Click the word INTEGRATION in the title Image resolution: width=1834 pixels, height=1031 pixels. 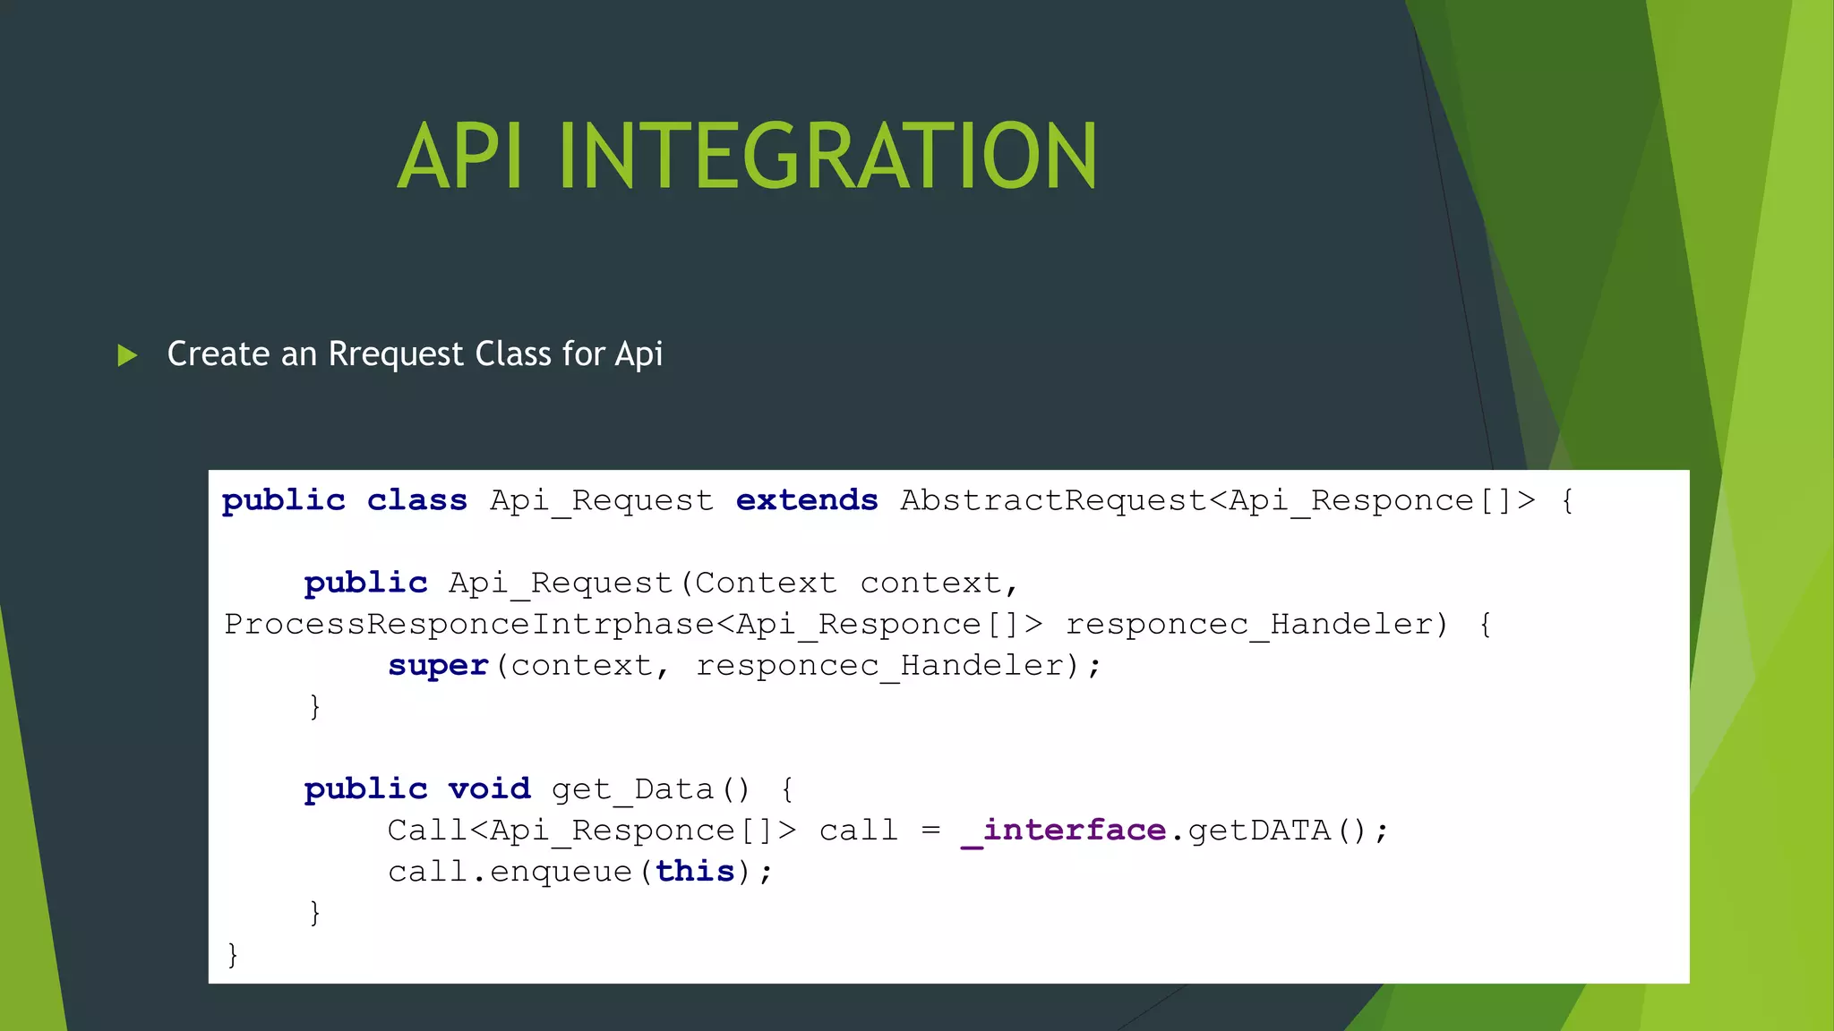point(827,157)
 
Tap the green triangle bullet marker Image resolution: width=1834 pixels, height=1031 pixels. point(127,355)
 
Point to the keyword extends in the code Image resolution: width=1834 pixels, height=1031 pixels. point(807,499)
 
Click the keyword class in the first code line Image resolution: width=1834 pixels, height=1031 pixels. point(416,499)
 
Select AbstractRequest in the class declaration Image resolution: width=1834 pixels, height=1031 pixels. point(1053,499)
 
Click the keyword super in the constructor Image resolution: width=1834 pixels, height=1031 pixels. point(438,665)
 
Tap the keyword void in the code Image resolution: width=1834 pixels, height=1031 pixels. point(489,788)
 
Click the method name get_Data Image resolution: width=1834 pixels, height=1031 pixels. point(631,788)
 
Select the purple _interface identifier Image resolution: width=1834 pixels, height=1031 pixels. point(1063,831)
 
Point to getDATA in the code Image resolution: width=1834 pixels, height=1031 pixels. point(1259,831)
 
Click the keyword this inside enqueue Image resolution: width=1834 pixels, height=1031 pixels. point(695,871)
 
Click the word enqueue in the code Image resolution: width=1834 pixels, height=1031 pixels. point(561,871)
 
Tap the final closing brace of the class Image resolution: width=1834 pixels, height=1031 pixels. point(233,954)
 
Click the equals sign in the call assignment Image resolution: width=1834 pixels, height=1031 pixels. point(931,831)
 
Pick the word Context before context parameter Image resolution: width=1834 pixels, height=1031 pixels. point(766,583)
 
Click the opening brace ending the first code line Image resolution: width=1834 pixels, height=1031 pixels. point(1567,499)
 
